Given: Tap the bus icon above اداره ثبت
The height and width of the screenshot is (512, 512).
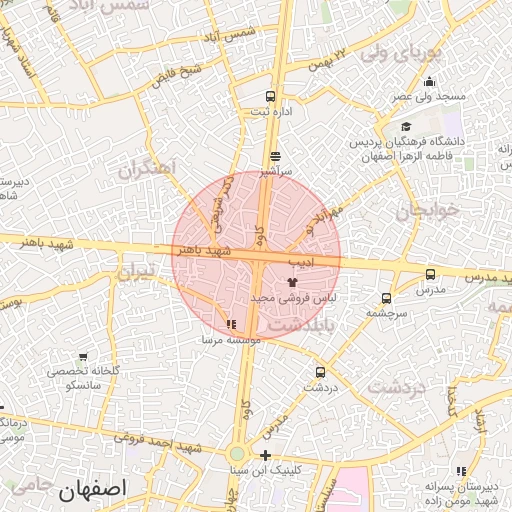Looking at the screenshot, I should [x=271, y=97].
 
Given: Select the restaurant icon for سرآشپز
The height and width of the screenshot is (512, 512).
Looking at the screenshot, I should [x=276, y=156].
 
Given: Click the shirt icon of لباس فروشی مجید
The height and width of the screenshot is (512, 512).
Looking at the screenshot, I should [x=292, y=283].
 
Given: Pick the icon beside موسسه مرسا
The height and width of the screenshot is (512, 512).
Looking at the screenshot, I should [x=232, y=324].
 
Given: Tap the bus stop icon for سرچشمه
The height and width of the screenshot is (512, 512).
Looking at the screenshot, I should [x=386, y=298].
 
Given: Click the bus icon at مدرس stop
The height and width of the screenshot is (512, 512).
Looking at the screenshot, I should [x=430, y=274].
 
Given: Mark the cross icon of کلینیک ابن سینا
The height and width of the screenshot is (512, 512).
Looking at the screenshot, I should [x=265, y=455].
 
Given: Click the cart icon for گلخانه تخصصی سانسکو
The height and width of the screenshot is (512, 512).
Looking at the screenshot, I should [x=82, y=356].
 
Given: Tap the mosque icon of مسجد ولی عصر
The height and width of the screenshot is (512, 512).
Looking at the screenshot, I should [x=429, y=82].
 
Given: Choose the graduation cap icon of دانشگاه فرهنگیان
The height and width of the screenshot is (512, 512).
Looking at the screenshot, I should [x=406, y=127].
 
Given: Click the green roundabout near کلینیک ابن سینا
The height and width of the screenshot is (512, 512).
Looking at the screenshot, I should [x=237, y=455].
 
